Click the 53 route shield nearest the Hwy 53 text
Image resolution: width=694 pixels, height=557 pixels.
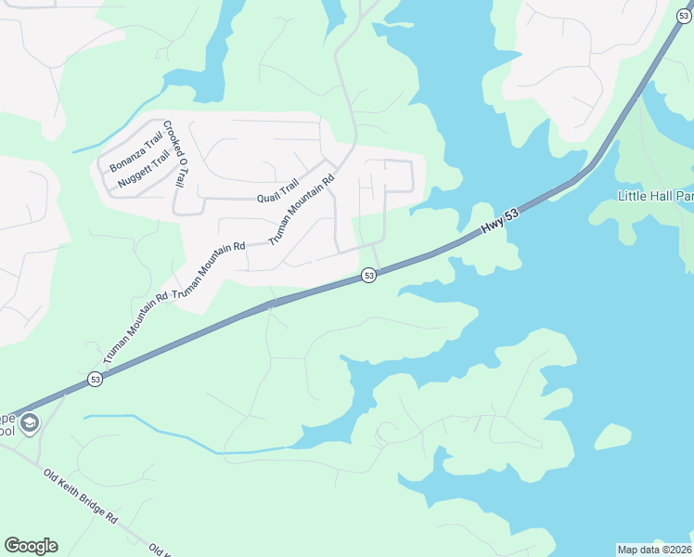[368, 276]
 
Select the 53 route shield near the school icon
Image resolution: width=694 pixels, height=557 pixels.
[95, 379]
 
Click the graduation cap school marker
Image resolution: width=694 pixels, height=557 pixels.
[31, 424]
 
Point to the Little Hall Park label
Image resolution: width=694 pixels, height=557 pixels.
[655, 196]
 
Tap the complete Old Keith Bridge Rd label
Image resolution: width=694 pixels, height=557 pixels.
[82, 495]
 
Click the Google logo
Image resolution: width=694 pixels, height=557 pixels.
[31, 546]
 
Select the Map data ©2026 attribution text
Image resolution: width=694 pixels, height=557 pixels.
[655, 550]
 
